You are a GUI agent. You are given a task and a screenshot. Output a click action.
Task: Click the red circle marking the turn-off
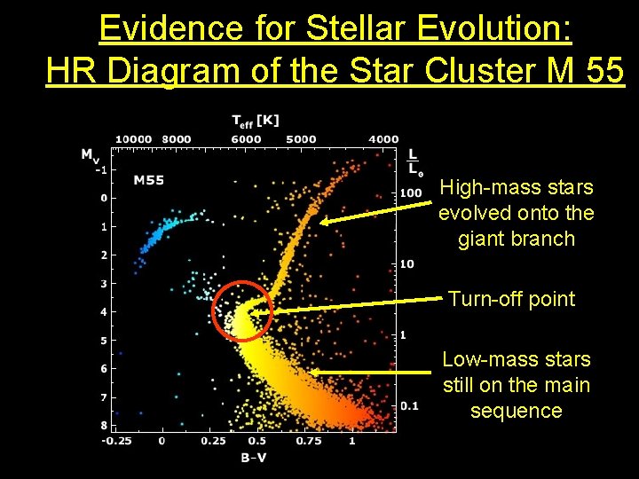(x=241, y=310)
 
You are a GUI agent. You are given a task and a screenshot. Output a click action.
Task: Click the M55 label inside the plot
(x=149, y=180)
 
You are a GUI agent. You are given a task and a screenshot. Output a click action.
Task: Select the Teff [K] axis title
(x=256, y=121)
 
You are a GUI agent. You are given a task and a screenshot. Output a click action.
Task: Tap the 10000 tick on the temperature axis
(x=134, y=138)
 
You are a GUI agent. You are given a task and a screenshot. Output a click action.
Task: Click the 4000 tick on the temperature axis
(x=383, y=138)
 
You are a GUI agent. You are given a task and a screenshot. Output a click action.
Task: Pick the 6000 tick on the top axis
(x=246, y=138)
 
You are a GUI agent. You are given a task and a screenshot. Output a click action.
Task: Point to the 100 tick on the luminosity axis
(x=410, y=192)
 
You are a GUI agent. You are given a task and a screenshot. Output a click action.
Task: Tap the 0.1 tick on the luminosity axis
(x=409, y=405)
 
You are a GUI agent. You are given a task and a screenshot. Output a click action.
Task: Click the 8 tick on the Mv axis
(x=103, y=426)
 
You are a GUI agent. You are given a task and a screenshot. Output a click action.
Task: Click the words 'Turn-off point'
(x=511, y=299)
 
